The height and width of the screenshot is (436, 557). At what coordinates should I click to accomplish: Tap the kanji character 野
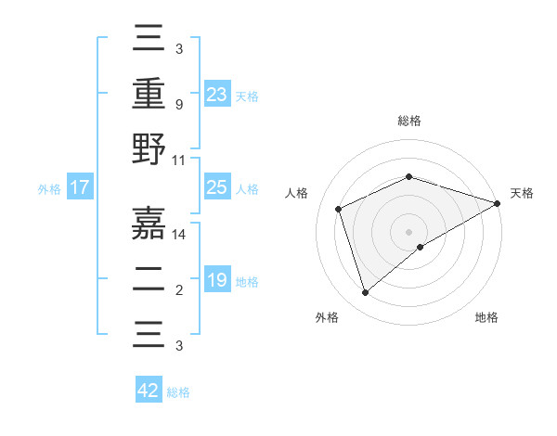point(149,150)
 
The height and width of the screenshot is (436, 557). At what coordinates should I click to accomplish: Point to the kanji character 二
point(149,279)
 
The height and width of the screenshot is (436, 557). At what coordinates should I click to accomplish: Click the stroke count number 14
point(179,236)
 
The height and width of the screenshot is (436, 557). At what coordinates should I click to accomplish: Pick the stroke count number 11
point(179,160)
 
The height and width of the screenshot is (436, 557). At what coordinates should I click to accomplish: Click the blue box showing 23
point(216,94)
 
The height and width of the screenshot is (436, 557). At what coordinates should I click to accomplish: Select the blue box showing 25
point(216,187)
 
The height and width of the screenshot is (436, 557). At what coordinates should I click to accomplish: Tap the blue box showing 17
point(79,188)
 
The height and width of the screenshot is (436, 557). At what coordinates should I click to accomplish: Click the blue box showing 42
point(149,391)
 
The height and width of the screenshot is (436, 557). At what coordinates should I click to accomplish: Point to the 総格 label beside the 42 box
point(178,392)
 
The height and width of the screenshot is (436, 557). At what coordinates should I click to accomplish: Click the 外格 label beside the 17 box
point(49,189)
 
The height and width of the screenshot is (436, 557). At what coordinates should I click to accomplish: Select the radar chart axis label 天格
point(522,193)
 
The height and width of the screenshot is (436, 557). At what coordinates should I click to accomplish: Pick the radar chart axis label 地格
point(486,317)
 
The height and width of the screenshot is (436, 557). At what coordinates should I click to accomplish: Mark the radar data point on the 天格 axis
point(497,203)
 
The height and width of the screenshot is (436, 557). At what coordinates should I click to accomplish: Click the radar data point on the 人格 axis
point(339,209)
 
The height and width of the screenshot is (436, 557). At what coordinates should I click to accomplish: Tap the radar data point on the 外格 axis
point(365,292)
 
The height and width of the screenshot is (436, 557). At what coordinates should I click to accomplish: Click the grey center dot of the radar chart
point(408,231)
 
